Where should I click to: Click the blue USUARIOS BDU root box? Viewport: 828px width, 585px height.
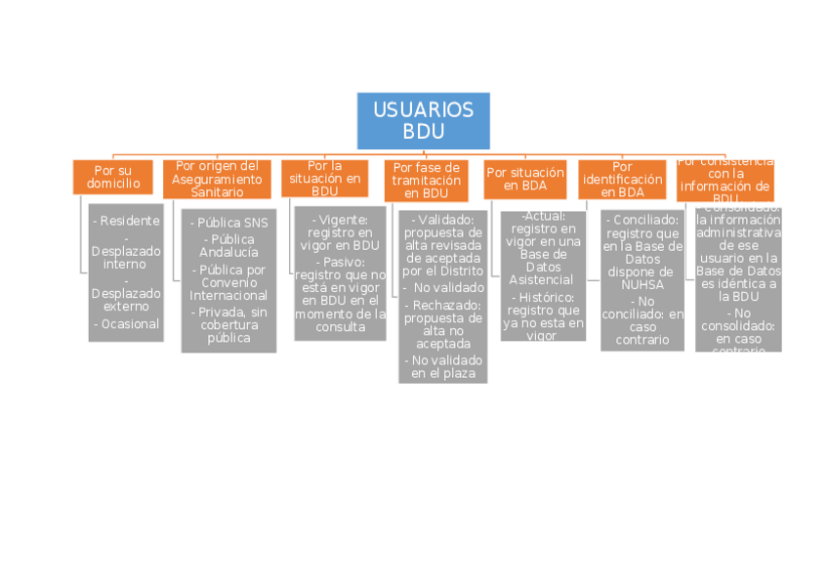[x=423, y=120]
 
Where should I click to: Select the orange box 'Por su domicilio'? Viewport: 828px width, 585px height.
[x=113, y=177]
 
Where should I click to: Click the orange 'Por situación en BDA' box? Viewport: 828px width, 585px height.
[x=525, y=178]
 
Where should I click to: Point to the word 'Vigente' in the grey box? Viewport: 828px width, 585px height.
[x=335, y=221]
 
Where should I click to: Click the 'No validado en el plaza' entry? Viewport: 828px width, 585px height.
[x=443, y=367]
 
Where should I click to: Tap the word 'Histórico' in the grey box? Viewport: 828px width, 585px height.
[x=546, y=297]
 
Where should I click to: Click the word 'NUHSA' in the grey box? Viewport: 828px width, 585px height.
[x=640, y=285]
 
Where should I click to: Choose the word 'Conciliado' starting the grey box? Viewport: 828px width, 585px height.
[x=643, y=221]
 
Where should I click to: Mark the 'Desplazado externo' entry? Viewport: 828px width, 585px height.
[x=126, y=300]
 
